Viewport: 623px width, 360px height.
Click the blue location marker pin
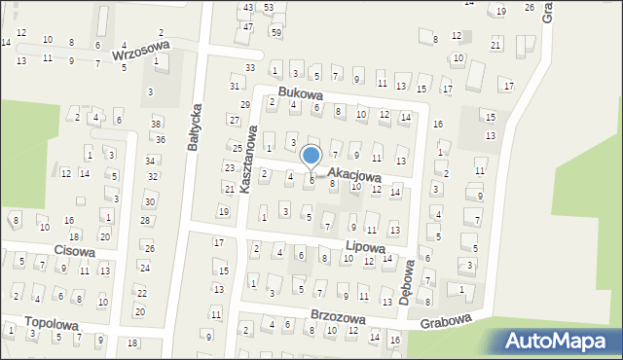tap(311, 156)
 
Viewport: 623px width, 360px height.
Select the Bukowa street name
tap(299, 92)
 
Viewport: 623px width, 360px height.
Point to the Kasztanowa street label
tap(247, 159)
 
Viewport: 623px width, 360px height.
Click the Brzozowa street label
tap(338, 317)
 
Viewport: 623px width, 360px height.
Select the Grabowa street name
tap(446, 320)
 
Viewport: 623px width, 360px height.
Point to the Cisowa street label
tap(75, 250)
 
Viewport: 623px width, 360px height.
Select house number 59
tap(276, 32)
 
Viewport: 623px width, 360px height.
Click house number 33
tap(250, 67)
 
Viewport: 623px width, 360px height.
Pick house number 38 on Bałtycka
tap(156, 124)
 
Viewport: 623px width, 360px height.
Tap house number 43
tap(248, 8)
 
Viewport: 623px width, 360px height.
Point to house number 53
tap(269, 8)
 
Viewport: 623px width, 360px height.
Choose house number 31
tap(235, 86)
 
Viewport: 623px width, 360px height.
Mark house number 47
tap(248, 26)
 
